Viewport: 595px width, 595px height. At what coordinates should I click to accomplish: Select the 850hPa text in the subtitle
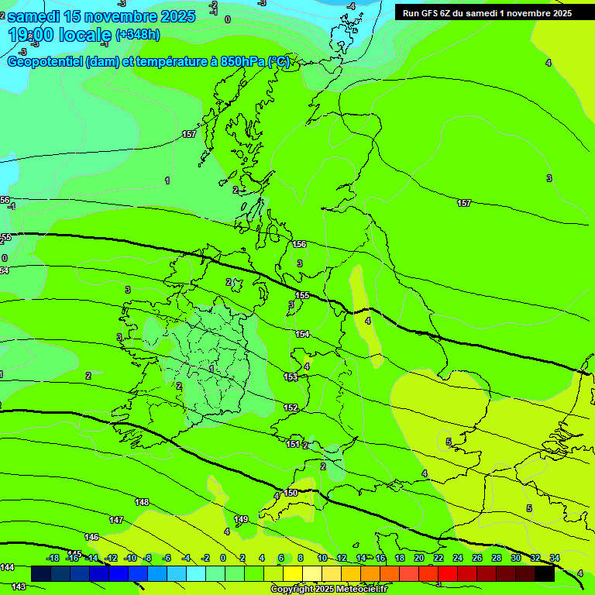242,62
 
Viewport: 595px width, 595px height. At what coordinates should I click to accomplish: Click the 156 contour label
299,244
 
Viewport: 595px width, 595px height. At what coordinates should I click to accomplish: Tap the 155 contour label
302,295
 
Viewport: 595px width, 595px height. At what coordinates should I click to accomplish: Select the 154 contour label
302,334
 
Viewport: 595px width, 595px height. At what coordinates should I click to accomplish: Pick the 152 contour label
291,408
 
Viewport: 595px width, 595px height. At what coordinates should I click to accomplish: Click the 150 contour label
291,493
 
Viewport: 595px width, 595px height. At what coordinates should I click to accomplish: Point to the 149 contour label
241,519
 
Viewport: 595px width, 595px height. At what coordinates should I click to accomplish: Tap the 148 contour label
142,502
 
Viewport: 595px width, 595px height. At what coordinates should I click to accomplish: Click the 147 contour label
116,520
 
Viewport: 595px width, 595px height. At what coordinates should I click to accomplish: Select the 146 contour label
91,537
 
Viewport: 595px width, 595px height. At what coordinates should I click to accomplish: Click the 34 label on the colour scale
554,558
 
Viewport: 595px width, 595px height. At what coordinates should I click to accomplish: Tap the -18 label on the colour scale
53,558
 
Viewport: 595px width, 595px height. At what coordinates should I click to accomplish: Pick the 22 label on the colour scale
439,558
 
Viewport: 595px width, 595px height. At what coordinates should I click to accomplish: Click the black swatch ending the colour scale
545,573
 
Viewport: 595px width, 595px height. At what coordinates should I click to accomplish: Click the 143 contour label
19,586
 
